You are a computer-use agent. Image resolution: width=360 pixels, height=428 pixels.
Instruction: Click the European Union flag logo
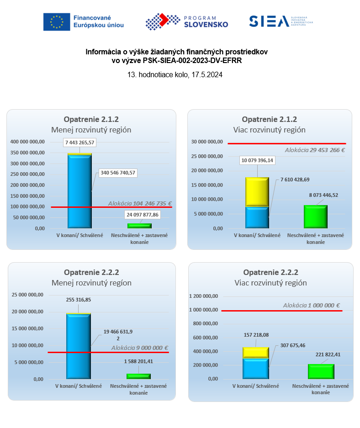[x=57, y=22]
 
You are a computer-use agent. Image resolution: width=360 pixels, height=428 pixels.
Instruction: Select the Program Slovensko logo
[x=186, y=21]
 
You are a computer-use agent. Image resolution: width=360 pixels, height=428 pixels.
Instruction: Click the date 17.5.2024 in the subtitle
[x=205, y=75]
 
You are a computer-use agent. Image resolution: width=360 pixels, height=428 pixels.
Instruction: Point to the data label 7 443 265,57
[x=79, y=143]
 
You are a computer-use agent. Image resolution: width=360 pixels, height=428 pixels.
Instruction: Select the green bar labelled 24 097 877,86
[x=139, y=226]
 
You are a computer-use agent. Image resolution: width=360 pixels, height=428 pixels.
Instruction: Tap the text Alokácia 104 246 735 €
[x=140, y=204]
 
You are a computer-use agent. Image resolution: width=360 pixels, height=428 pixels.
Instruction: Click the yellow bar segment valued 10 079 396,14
[x=257, y=192]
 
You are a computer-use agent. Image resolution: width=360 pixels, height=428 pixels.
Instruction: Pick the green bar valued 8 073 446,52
[x=315, y=217]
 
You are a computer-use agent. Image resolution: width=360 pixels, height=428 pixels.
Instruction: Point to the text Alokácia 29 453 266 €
[x=315, y=150]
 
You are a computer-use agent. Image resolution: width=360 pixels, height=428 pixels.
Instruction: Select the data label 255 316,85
[x=78, y=300]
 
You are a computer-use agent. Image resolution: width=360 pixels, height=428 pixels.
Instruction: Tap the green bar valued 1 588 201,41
[x=138, y=376]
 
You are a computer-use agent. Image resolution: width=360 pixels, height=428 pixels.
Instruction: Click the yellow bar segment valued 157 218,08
[x=255, y=353]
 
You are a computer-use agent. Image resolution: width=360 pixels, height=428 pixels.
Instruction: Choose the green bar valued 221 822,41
[x=321, y=371]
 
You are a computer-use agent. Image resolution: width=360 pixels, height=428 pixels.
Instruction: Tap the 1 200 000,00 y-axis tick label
[x=203, y=296]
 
